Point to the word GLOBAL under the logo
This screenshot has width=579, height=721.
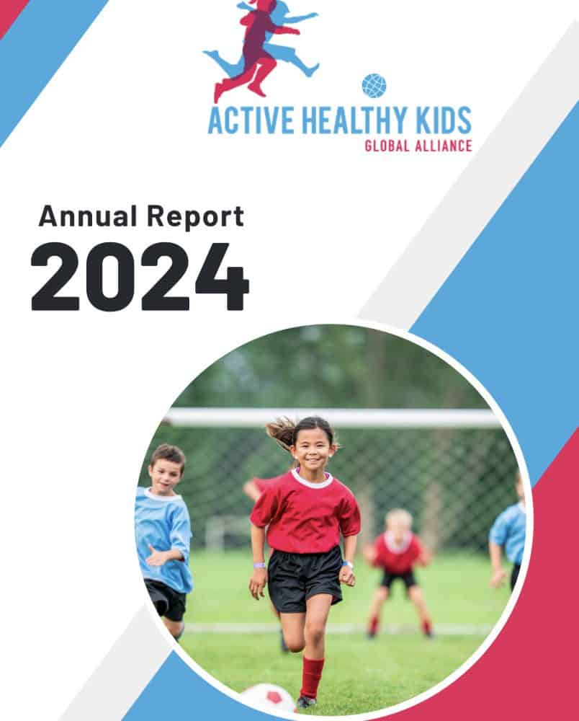tap(387, 146)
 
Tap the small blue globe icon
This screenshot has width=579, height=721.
tap(374, 86)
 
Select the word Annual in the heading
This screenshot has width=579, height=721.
tap(88, 216)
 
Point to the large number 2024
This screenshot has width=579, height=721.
tap(140, 276)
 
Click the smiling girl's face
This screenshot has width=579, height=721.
tap(313, 448)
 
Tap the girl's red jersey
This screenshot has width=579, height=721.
tap(305, 510)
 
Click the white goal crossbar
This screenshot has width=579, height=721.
tap(335, 417)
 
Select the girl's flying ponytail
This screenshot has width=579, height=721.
tap(282, 432)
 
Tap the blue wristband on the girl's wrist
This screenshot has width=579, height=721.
tap(259, 565)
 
